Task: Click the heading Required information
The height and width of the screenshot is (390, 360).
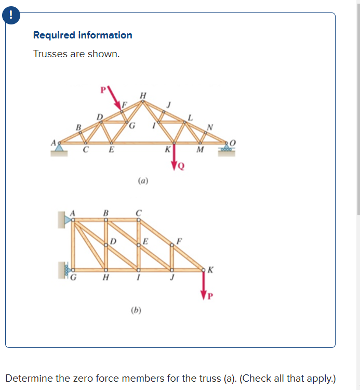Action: tap(83, 35)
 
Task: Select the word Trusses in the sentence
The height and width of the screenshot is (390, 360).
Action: tap(49, 54)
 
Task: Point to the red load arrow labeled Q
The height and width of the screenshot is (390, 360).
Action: tap(175, 158)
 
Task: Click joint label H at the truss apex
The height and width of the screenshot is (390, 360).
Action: tap(143, 95)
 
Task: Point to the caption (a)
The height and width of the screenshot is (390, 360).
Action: tap(143, 181)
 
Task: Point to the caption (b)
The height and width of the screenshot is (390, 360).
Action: tap(136, 311)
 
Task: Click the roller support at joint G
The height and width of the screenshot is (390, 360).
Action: tap(66, 270)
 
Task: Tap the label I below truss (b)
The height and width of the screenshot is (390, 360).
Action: tap(138, 278)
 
